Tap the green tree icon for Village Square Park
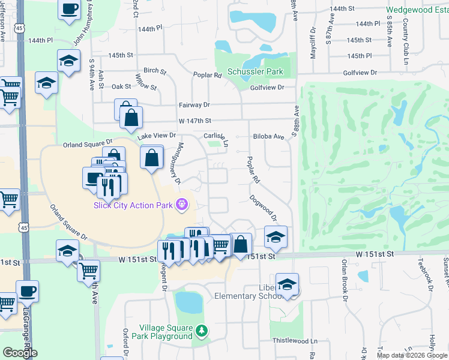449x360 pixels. (203, 330)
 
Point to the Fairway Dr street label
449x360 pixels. (194, 104)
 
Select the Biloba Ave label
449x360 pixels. (268, 136)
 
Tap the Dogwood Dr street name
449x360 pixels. (264, 207)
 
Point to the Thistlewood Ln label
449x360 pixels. (295, 340)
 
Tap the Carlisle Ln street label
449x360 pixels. (217, 139)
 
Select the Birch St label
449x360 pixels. (155, 71)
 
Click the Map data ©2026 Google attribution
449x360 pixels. (412, 355)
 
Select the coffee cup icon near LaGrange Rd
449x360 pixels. (28, 292)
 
